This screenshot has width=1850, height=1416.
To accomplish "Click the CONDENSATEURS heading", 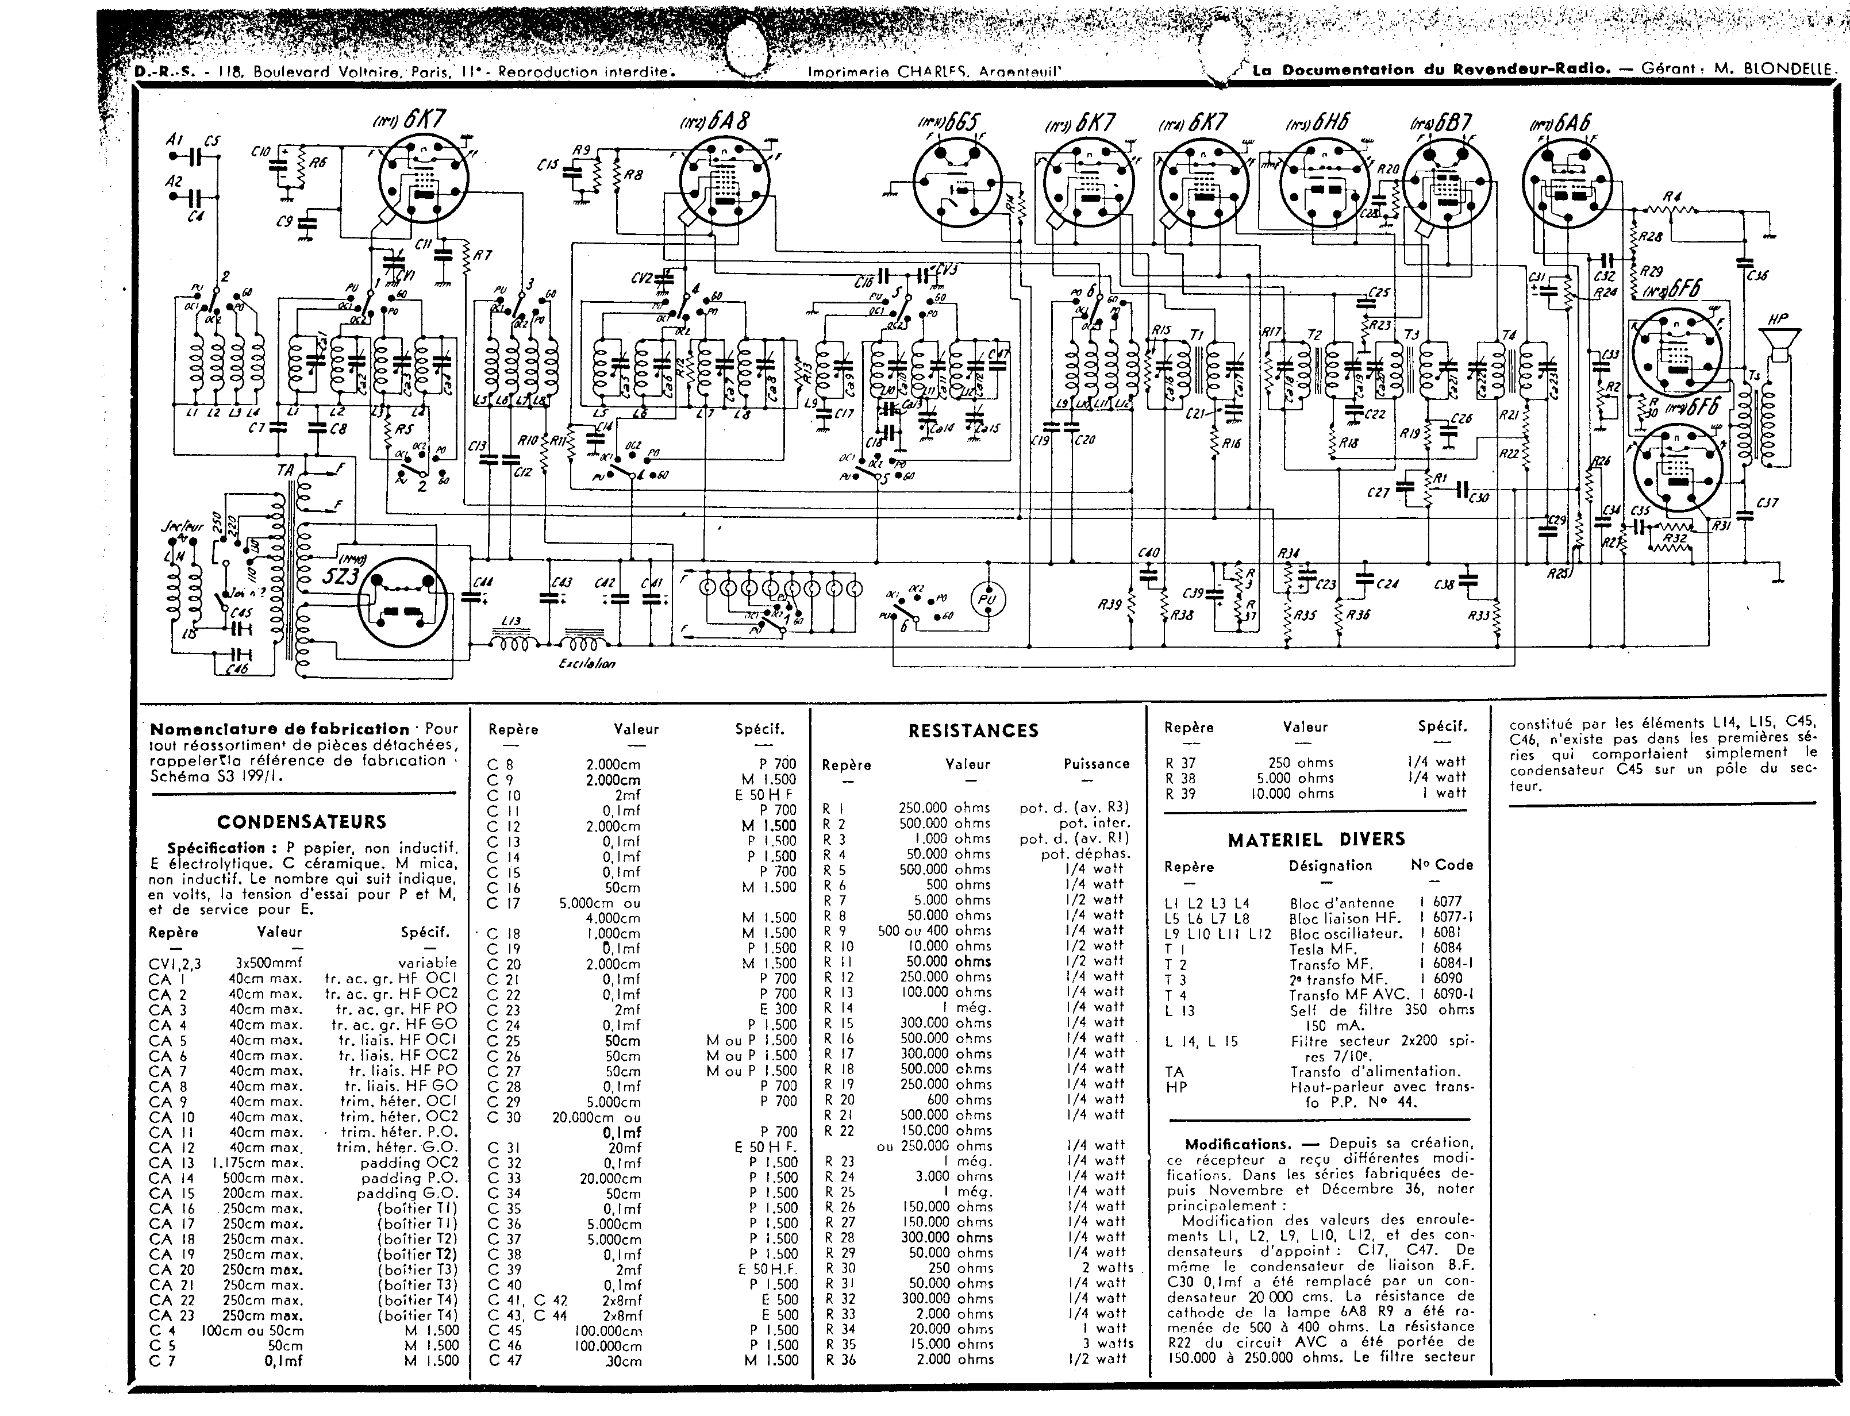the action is pyautogui.click(x=301, y=822).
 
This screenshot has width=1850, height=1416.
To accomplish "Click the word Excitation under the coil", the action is pyautogui.click(x=587, y=663).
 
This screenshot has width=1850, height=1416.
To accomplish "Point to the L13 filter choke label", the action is pyautogui.click(x=511, y=621).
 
